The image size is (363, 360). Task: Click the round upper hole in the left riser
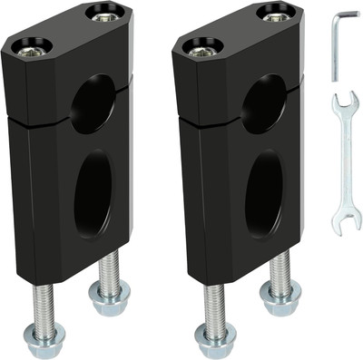coord(93,103)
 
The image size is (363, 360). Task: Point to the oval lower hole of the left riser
coord(93,192)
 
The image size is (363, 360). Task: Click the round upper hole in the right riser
coord(264,103)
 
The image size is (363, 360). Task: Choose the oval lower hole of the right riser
coord(264,192)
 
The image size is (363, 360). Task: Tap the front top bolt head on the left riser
coord(33,45)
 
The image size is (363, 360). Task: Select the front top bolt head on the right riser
coord(204,45)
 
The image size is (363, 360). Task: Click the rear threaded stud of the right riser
coord(280,267)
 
